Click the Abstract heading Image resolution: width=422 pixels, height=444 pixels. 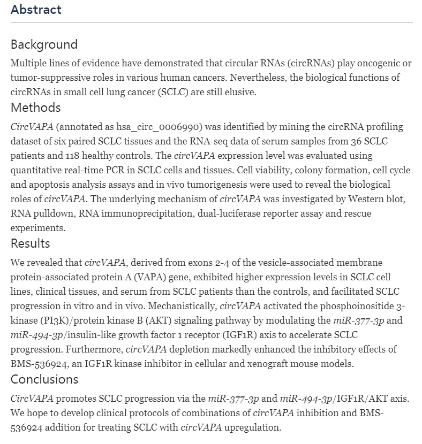36,10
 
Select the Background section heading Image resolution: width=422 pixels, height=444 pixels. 44,44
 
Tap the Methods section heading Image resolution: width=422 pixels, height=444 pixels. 36,108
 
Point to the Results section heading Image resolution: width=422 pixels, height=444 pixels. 31,243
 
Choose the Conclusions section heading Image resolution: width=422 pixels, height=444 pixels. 44,379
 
